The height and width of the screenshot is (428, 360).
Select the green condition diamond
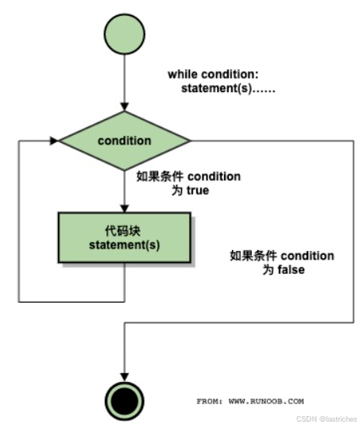(x=124, y=141)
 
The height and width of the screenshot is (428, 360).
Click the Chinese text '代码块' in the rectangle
(x=124, y=229)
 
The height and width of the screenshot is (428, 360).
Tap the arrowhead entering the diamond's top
(x=124, y=106)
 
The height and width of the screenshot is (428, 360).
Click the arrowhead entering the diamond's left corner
(x=55, y=141)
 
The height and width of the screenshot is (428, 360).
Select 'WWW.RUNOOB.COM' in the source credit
(x=265, y=401)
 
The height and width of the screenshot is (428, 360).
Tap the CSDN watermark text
(x=327, y=418)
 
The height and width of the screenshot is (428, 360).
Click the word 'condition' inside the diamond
(x=124, y=141)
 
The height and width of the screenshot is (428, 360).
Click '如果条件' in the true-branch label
(x=154, y=176)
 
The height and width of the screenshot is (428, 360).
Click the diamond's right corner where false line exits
(x=190, y=141)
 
